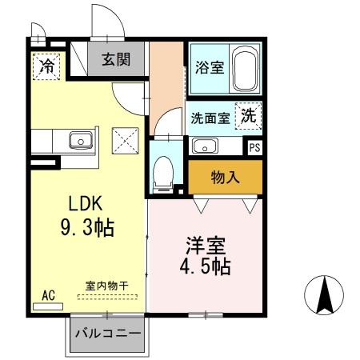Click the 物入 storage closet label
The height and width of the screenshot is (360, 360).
(x=226, y=177)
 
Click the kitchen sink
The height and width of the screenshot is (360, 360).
(x=81, y=142)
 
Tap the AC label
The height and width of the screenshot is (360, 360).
(x=48, y=295)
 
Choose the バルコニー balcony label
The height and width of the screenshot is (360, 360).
(x=108, y=334)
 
